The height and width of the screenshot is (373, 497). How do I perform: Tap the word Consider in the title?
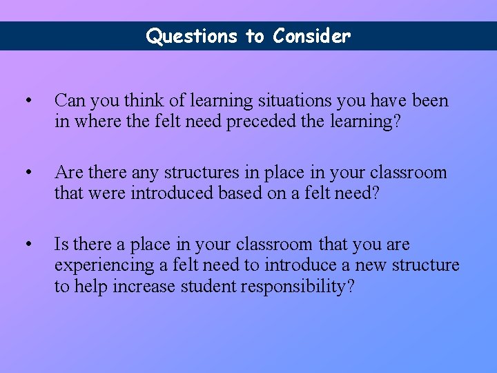click(x=311, y=36)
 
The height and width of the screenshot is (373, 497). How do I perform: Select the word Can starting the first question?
click(x=69, y=101)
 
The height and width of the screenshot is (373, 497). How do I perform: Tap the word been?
click(x=430, y=101)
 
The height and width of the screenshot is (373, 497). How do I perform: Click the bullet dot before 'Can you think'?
click(x=27, y=101)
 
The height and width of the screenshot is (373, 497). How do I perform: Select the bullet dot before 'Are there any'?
click(x=27, y=173)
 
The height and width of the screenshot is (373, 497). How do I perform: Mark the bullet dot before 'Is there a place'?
click(x=27, y=245)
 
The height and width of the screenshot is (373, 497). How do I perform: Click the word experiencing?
click(x=104, y=265)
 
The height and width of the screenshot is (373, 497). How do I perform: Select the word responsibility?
click(x=298, y=286)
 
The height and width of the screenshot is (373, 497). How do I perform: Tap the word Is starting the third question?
click(x=61, y=245)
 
